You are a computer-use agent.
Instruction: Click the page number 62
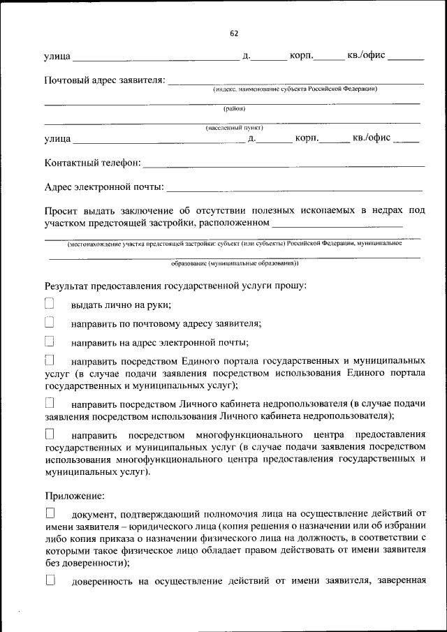click(x=234, y=33)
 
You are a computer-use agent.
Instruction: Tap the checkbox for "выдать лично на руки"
click(x=50, y=304)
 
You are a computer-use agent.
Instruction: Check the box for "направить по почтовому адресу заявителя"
click(x=50, y=323)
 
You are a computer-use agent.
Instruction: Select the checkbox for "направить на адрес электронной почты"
click(x=50, y=341)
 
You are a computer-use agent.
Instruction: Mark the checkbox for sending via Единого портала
click(x=50, y=361)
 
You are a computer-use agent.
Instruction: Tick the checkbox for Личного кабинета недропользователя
click(x=50, y=403)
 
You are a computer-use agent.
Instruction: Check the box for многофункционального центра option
click(x=50, y=434)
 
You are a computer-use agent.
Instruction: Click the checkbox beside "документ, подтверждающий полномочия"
click(x=50, y=513)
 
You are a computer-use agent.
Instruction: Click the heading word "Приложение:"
click(x=75, y=496)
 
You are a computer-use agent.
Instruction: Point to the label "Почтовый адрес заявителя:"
click(x=105, y=81)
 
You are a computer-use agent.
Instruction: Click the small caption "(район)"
click(x=234, y=108)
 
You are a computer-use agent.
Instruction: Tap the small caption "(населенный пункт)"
click(x=234, y=128)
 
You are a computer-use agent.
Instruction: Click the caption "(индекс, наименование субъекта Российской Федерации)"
click(x=295, y=89)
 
